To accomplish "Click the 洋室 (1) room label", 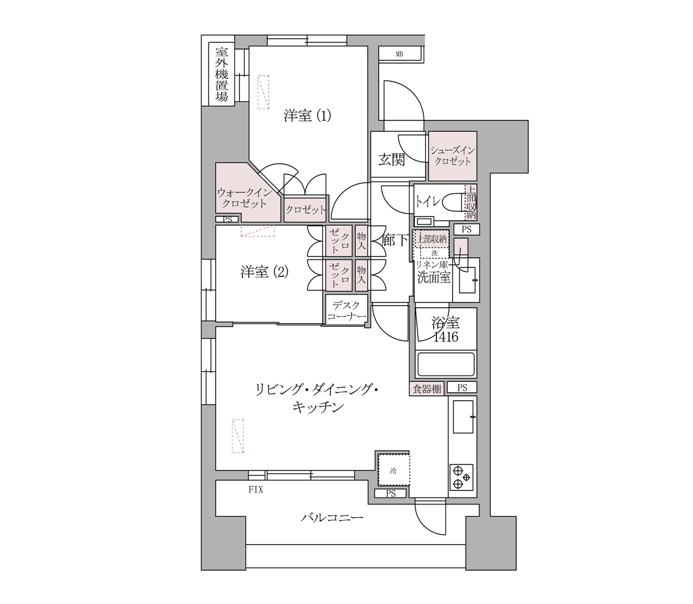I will [x=307, y=116].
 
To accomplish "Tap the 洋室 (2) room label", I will [x=265, y=272].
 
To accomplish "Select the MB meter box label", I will [x=399, y=54].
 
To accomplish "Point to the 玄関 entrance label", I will [x=392, y=160].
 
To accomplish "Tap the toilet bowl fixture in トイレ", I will [x=451, y=202].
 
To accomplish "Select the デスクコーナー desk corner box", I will [x=346, y=310].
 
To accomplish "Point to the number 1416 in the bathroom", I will [x=446, y=337].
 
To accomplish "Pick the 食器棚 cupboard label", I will [x=426, y=389].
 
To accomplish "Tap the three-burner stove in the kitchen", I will [x=461, y=477].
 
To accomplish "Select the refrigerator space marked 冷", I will [x=393, y=470].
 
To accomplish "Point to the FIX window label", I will [x=256, y=491].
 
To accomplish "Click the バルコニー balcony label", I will [x=332, y=518].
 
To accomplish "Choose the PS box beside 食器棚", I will [x=462, y=388].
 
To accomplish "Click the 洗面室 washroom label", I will [x=434, y=278].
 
